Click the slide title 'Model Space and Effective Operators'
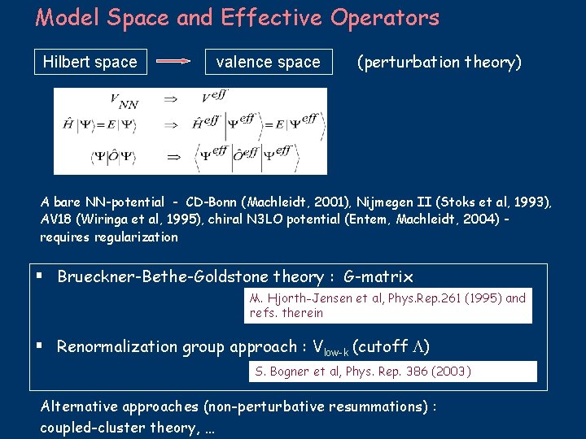[x=237, y=18]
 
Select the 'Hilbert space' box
[x=90, y=62]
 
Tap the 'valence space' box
[x=268, y=62]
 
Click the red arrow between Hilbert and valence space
[x=173, y=62]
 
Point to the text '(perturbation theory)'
[x=439, y=62]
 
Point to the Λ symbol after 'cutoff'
[x=416, y=347]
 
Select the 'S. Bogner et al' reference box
[x=391, y=372]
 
